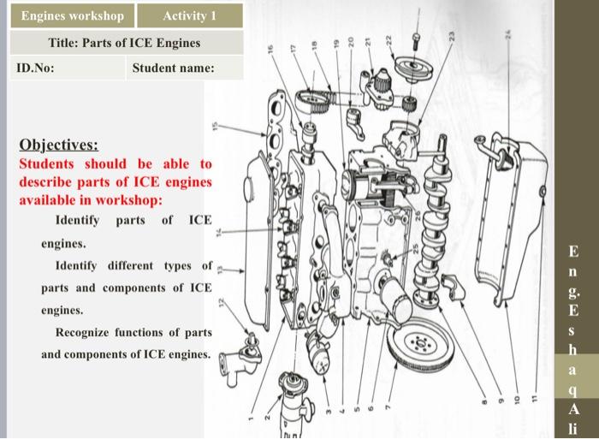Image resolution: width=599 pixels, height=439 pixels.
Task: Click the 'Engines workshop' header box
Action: pyautogui.click(x=73, y=16)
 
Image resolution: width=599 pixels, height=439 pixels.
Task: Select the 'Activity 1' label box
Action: pyautogui.click(x=189, y=16)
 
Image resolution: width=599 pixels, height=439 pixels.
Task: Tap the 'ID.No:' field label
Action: pyautogui.click(x=36, y=68)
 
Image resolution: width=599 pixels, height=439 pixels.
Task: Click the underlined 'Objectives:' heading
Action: pyautogui.click(x=58, y=144)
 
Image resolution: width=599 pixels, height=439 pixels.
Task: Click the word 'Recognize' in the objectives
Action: pyautogui.click(x=84, y=332)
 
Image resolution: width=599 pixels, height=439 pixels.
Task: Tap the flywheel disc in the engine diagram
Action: pyautogui.click(x=418, y=343)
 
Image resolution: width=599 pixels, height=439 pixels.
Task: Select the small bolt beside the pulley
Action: pyautogui.click(x=417, y=39)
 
